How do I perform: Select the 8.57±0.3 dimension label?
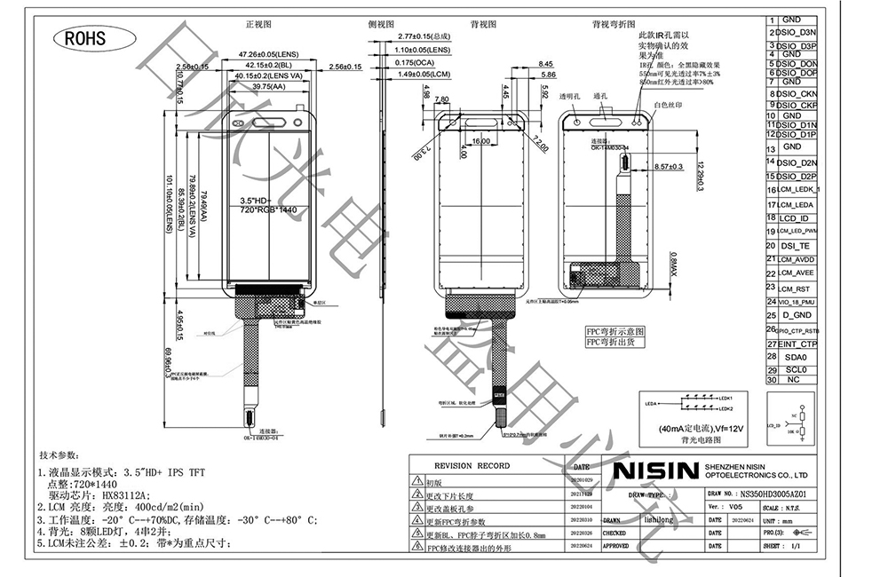667,166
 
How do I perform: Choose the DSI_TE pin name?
795,246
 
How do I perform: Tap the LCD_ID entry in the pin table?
794,218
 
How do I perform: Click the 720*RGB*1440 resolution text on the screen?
267,210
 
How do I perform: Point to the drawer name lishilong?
657,520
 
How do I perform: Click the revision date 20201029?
581,479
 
